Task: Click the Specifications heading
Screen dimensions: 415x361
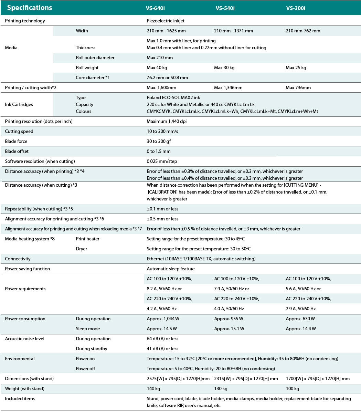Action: tap(30, 8)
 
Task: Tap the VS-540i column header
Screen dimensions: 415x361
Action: tap(225, 8)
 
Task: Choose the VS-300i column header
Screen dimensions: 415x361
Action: tap(295, 8)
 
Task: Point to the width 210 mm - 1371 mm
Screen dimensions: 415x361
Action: tap(233, 31)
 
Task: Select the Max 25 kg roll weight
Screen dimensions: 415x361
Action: tap(296, 68)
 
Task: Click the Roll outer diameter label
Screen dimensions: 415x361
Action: tap(95, 58)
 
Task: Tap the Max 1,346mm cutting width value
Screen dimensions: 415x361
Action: tap(228, 87)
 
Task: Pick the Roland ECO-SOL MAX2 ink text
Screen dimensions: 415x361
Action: tap(173, 97)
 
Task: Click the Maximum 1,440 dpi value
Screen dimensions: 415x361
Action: tap(167, 121)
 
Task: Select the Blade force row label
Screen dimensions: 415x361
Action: tap(16, 141)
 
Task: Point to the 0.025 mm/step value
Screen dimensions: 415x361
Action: tap(162, 161)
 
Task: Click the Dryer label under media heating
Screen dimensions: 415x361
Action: tap(82, 249)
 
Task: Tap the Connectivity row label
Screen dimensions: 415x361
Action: tap(18, 259)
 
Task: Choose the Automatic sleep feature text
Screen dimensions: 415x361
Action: tap(170, 269)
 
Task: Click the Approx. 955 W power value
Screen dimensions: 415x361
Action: tap(229, 319)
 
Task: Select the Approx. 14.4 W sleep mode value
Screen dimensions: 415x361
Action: tap(300, 329)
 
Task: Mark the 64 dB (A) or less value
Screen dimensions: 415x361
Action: tap(162, 339)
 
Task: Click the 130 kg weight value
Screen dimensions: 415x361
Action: tap(221, 388)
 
